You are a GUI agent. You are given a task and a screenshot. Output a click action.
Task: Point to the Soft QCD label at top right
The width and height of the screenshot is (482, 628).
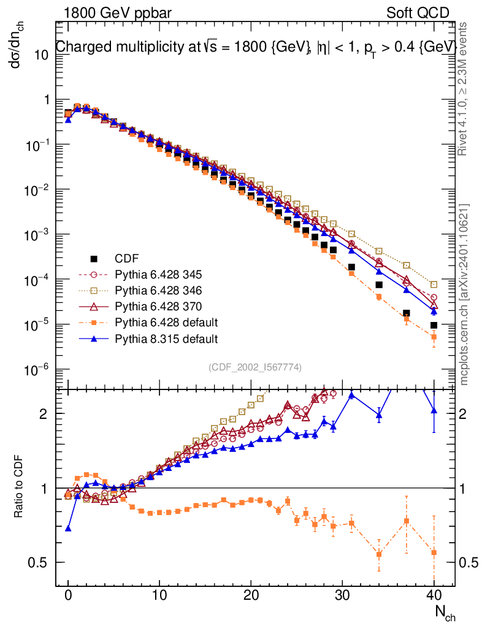tap(418, 13)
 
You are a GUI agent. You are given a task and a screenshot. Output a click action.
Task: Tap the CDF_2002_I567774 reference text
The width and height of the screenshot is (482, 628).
tap(254, 367)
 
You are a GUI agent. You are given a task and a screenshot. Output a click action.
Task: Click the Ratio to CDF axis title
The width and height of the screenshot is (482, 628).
tap(20, 487)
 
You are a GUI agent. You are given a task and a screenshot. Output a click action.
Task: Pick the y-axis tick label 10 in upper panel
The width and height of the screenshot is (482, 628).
tap(41, 54)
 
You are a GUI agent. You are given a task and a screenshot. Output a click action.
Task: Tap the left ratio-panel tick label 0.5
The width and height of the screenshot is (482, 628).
tap(39, 562)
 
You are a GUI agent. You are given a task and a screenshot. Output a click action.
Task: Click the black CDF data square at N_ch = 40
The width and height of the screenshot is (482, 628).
tap(434, 325)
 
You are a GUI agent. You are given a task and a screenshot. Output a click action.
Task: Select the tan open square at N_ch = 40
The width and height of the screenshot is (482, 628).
tap(434, 285)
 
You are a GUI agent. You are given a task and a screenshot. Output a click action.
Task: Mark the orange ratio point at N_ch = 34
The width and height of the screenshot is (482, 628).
tap(379, 554)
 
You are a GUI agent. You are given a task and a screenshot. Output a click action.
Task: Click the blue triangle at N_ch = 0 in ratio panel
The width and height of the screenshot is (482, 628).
tap(68, 528)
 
